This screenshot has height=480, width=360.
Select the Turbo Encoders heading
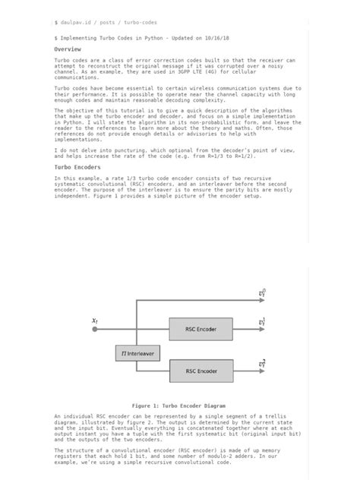pyautogui.click(x=77, y=166)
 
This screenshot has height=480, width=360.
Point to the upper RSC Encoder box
pyautogui.click(x=201, y=330)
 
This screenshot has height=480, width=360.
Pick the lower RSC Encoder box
pyautogui.click(x=201, y=371)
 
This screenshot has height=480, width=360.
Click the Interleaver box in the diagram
pyautogui.click(x=137, y=353)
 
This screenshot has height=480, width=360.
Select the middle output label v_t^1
pyautogui.click(x=262, y=323)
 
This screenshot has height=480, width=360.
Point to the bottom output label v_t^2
pyautogui.click(x=262, y=365)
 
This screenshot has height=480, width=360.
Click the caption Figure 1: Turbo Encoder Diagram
pyautogui.click(x=178, y=406)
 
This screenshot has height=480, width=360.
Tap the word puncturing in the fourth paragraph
pyautogui.click(x=112, y=150)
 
